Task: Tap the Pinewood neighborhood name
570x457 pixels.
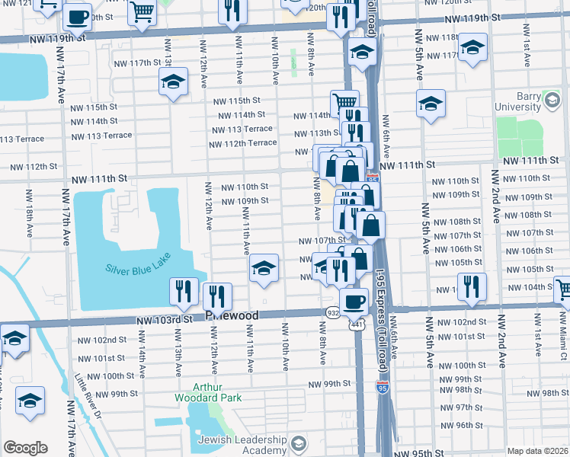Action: [232, 315]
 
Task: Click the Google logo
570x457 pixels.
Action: [25, 447]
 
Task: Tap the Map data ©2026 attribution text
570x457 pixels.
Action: [538, 451]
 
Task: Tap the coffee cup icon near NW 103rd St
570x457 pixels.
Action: [353, 300]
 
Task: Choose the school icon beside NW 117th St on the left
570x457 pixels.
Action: [174, 81]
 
